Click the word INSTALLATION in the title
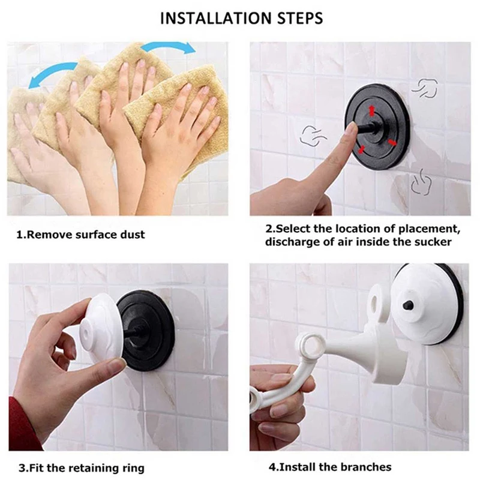[x=217, y=18]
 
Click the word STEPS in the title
[x=301, y=18]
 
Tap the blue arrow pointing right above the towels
[x=169, y=47]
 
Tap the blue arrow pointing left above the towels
[x=52, y=73]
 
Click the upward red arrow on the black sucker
[x=372, y=110]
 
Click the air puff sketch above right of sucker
[x=425, y=88]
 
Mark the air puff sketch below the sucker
[x=421, y=182]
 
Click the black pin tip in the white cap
[x=408, y=305]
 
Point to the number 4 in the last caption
[x=272, y=467]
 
